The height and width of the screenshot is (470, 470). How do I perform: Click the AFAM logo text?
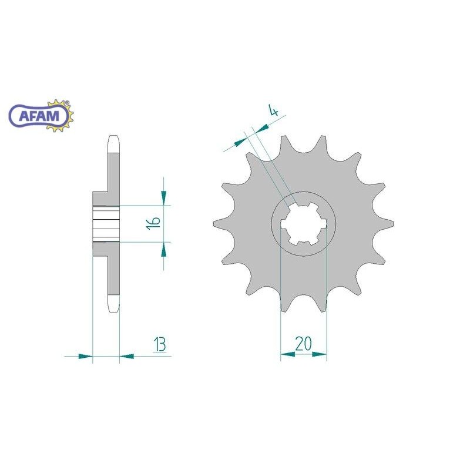tap(39, 116)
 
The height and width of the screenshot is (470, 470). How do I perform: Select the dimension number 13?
tap(160, 344)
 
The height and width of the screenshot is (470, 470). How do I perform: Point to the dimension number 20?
tap(303, 344)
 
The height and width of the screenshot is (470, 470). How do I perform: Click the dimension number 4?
tap(273, 110)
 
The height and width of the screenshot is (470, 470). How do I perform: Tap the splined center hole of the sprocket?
tap(303, 223)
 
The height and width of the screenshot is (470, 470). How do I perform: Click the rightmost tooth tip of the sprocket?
tap(393, 223)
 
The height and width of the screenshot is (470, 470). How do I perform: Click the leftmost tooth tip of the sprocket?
tap(214, 224)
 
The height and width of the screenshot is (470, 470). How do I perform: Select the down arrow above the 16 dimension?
tap(164, 197)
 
